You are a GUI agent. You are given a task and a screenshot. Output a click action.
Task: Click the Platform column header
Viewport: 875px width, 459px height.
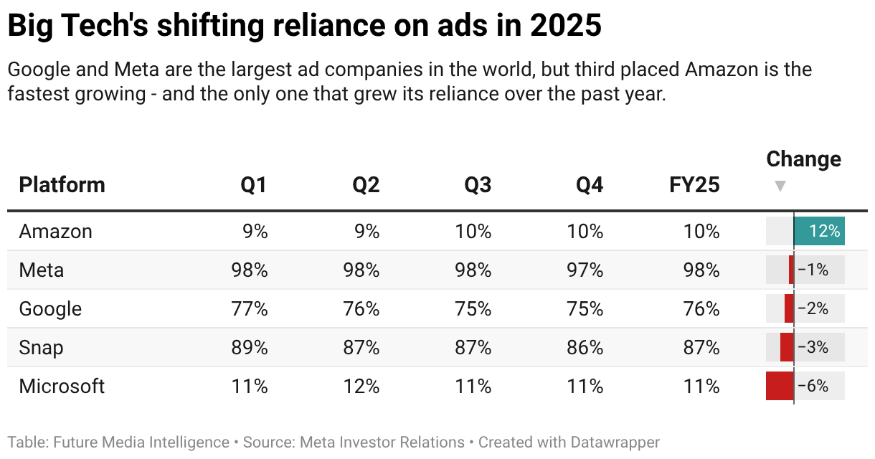click(x=62, y=185)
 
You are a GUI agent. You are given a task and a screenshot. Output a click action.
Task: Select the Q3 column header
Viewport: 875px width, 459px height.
click(x=478, y=185)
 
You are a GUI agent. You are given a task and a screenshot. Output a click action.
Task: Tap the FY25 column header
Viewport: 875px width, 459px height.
click(x=694, y=185)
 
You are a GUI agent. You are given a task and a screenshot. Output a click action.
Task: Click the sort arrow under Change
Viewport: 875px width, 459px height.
click(x=780, y=186)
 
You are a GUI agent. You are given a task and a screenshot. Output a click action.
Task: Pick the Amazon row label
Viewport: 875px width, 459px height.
click(x=55, y=232)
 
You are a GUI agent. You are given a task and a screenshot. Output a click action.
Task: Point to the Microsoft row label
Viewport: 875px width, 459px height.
click(x=62, y=387)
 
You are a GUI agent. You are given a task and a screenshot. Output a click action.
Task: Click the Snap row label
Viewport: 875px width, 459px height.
click(x=41, y=348)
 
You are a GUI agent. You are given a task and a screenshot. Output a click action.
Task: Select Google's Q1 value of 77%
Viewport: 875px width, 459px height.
click(x=249, y=309)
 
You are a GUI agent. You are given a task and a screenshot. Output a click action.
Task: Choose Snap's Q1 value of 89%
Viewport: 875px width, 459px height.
click(x=249, y=348)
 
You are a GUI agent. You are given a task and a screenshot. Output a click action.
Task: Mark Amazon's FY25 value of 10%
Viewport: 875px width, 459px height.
click(x=701, y=232)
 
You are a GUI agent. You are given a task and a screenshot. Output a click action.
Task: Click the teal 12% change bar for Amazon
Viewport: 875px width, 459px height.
click(x=819, y=231)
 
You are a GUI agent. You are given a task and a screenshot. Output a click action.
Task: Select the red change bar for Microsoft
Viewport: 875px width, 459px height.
click(x=780, y=386)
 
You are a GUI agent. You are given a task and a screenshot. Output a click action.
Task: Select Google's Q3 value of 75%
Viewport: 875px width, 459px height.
click(x=473, y=309)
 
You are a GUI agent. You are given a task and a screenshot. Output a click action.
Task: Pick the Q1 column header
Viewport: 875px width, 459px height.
click(x=254, y=185)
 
